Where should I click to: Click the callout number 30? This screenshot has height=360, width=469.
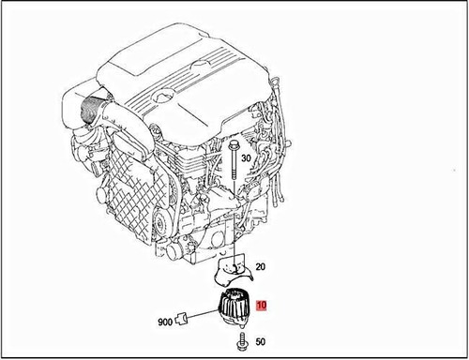coord(247,159)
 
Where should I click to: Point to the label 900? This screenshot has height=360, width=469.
coord(164,322)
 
